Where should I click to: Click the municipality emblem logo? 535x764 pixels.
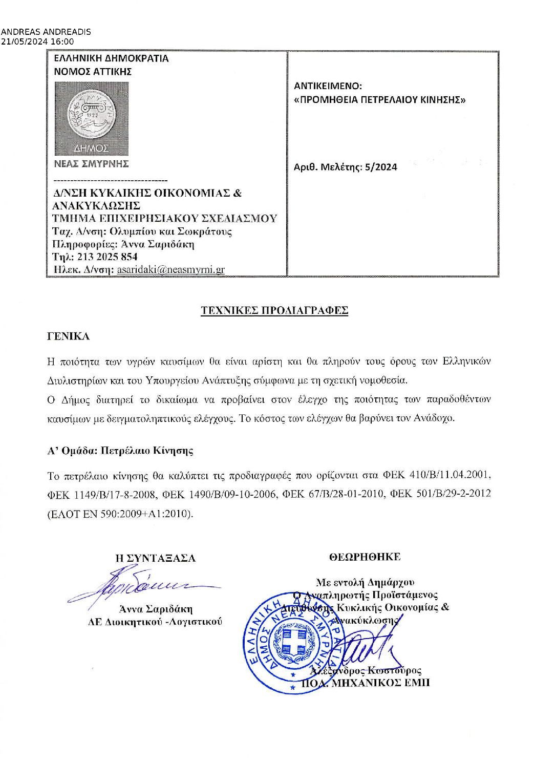(92, 118)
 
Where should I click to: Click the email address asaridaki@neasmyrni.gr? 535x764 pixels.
(170, 269)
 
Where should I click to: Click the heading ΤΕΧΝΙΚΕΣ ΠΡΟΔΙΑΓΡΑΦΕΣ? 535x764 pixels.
(274, 310)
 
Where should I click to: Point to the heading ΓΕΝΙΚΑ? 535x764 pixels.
(68, 336)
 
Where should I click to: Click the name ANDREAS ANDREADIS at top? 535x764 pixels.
(46, 32)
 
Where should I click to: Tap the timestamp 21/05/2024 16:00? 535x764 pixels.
(37, 41)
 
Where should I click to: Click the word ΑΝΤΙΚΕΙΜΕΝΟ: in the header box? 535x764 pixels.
(328, 86)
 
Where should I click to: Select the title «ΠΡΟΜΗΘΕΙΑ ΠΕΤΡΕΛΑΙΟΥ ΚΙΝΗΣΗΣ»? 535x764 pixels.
(379, 100)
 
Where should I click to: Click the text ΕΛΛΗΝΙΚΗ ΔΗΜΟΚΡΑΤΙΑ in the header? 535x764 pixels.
(111, 58)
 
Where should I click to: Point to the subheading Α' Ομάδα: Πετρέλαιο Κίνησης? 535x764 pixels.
(120, 451)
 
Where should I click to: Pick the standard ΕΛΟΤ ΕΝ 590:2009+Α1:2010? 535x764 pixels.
(120, 514)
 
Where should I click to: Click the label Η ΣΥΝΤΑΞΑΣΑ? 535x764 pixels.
(155, 558)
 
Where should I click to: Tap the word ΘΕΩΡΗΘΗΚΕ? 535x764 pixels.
(365, 557)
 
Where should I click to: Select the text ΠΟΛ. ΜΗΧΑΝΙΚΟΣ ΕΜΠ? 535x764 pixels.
(366, 683)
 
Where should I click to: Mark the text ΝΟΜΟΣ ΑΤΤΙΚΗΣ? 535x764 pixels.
(93, 72)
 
